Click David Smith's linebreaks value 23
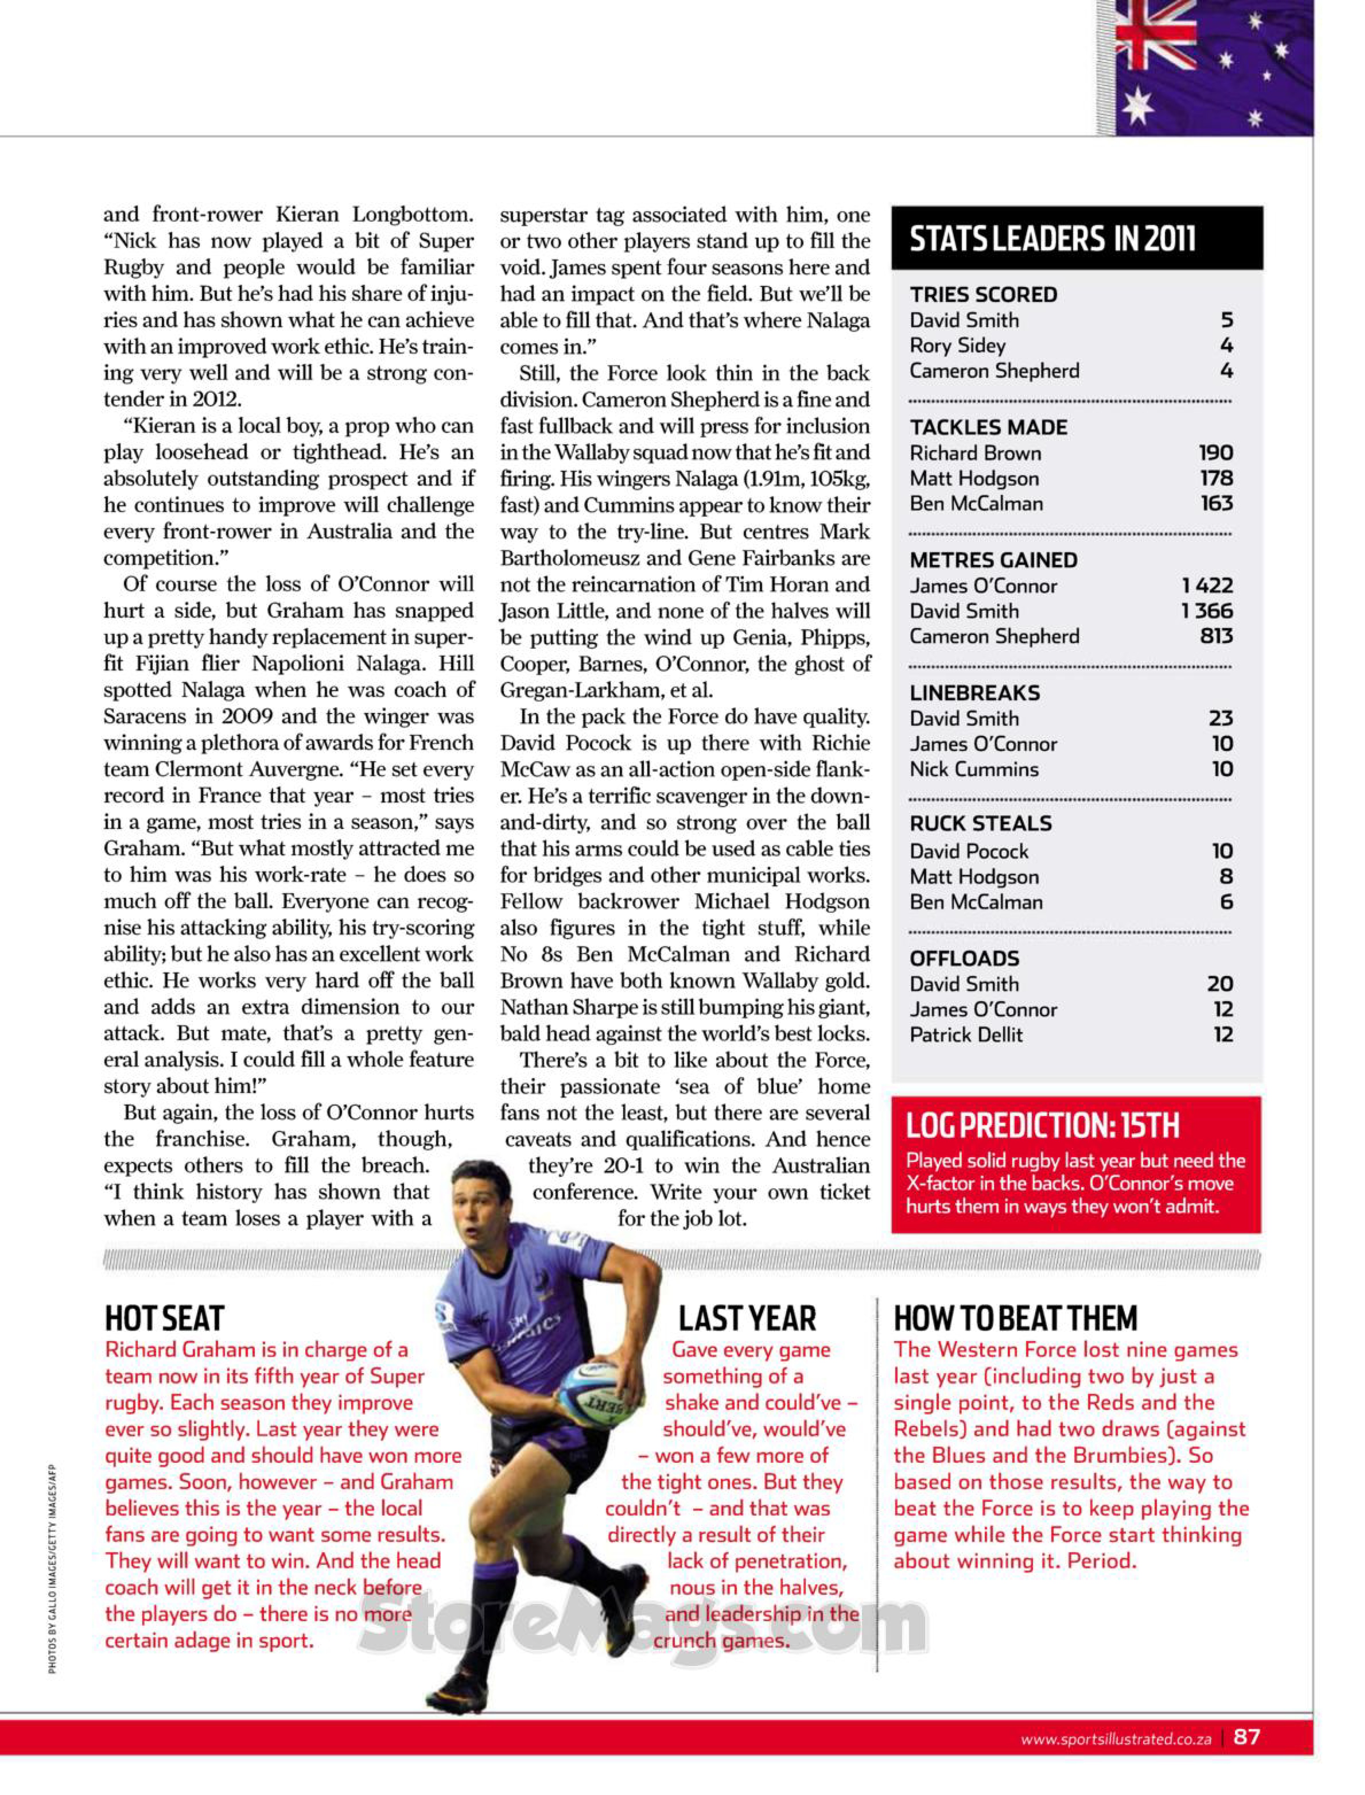click(1220, 718)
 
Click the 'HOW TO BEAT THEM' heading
click(1016, 1318)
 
